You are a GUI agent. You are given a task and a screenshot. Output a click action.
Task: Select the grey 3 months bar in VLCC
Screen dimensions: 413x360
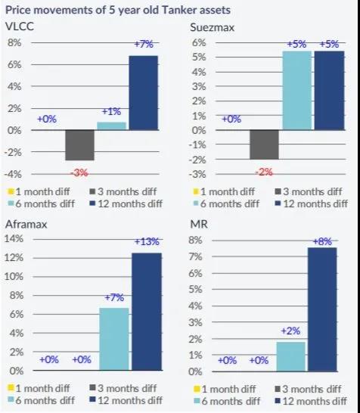point(79,144)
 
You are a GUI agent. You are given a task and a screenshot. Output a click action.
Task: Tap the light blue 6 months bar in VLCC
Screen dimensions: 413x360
point(111,126)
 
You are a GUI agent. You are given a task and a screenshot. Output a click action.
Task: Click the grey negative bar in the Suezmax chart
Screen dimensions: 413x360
point(264,144)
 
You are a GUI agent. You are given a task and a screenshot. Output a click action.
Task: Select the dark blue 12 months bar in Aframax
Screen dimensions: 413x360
point(147,312)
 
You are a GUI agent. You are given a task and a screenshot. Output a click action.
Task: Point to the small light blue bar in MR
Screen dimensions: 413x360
point(291,356)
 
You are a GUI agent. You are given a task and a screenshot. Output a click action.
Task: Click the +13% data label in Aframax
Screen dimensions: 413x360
point(147,241)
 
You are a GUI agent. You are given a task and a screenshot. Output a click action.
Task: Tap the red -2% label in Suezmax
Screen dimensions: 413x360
point(264,172)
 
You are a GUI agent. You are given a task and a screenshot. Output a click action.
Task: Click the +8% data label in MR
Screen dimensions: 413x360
point(323,241)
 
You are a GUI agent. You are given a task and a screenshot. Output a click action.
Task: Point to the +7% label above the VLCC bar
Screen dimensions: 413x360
point(143,45)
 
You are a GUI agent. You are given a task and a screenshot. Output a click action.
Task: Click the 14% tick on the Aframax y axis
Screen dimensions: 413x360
point(14,238)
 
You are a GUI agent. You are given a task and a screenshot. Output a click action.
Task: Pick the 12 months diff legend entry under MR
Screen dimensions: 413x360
point(309,399)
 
